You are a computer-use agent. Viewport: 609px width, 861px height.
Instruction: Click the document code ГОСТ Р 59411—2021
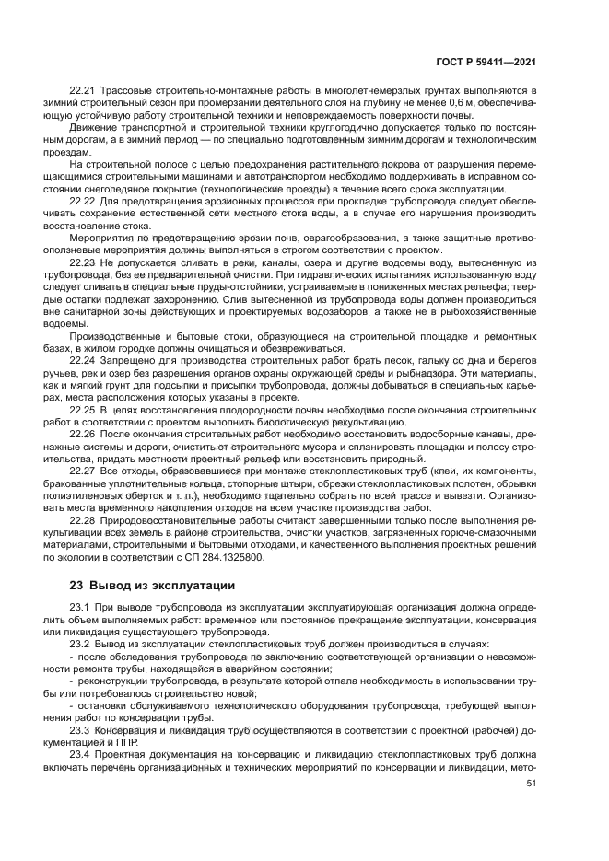pos(486,63)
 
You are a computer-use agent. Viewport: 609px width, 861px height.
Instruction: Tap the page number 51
pos(530,784)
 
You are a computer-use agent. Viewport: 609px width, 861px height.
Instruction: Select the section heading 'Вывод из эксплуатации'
pos(152,586)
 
